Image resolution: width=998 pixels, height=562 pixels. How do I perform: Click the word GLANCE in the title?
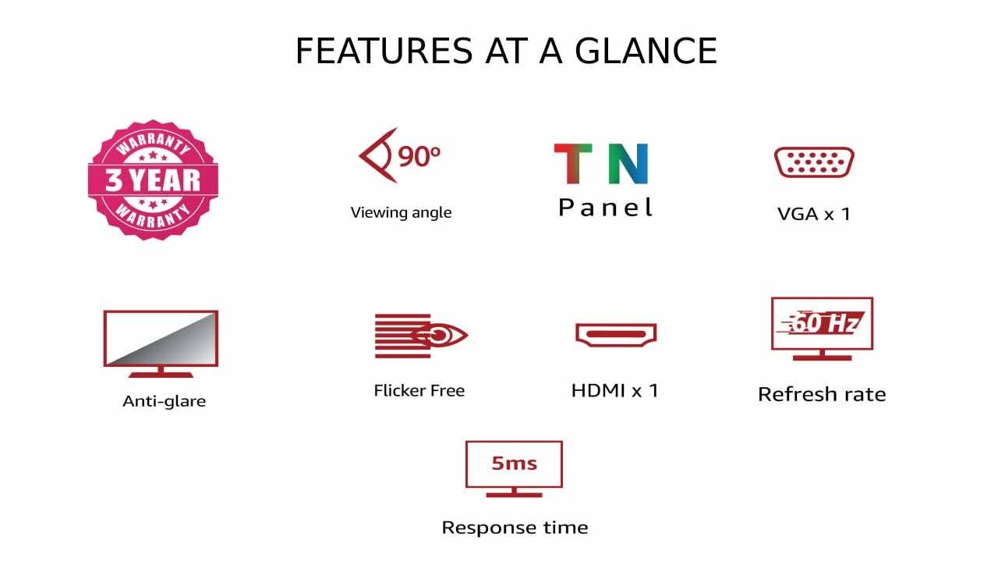point(646,51)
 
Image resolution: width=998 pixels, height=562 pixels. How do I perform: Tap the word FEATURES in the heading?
point(384,51)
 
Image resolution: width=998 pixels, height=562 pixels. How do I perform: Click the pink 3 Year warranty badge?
point(153,180)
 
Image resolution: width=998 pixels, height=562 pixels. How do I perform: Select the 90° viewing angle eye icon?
point(400,155)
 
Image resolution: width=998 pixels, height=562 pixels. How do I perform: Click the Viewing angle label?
point(401,213)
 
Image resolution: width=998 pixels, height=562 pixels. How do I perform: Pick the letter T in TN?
point(573,164)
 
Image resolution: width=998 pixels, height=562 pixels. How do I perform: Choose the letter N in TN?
point(628,164)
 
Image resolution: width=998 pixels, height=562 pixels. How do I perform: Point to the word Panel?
point(606,208)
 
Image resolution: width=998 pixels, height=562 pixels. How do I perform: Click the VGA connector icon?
point(814,162)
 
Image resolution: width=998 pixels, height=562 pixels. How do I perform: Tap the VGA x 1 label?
point(814,214)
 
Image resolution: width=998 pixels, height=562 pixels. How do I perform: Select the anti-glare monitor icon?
point(161,344)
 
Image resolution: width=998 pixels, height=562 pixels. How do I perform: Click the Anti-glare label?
point(164,401)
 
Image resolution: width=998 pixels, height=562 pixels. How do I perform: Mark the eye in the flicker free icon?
point(439,336)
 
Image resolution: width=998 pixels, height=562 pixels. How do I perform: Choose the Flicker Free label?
point(419,391)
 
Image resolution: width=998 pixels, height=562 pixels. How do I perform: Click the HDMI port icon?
point(616,335)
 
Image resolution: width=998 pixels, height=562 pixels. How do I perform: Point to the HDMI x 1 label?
point(615,391)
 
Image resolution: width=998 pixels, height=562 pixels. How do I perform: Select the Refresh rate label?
point(822,394)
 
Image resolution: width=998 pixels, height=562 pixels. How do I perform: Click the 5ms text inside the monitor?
point(514,464)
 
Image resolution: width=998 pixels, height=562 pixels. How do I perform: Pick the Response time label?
point(515,528)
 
